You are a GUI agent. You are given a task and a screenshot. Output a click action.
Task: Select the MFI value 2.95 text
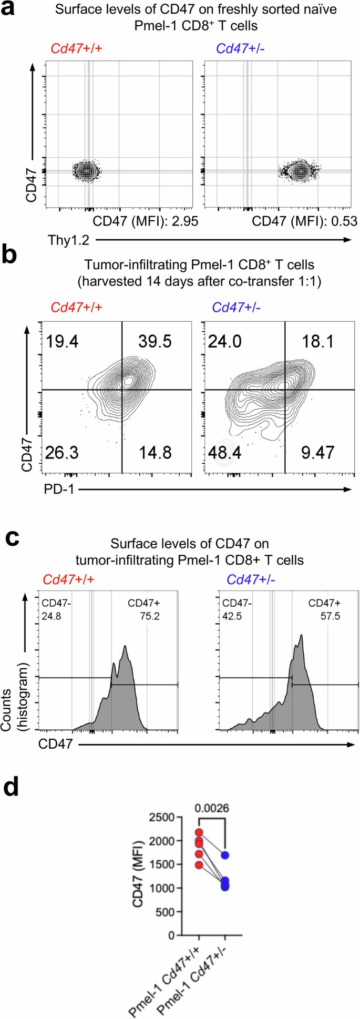(x=146, y=221)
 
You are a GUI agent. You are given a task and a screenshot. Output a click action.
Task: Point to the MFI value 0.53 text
(x=304, y=221)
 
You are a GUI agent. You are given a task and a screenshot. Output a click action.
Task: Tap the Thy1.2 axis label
(x=68, y=240)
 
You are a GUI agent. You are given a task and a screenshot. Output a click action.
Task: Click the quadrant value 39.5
(x=155, y=341)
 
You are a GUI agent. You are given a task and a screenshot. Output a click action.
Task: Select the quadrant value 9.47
(x=317, y=452)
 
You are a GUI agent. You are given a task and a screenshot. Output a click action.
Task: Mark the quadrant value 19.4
(x=63, y=341)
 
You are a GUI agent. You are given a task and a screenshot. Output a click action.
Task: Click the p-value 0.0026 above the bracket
(x=212, y=808)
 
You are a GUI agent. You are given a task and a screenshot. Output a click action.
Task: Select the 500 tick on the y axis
(x=167, y=912)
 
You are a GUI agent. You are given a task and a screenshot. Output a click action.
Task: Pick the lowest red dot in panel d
(x=199, y=865)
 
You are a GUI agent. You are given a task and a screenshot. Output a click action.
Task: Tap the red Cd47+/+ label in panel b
(x=76, y=307)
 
